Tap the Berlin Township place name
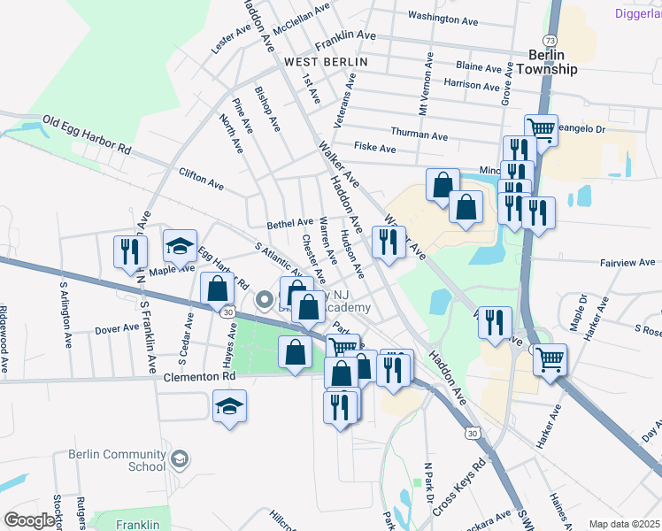(546, 62)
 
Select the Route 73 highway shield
(550, 41)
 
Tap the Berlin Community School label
(117, 460)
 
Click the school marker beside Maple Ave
(180, 248)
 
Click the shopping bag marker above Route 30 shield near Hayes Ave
(218, 289)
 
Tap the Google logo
(29, 519)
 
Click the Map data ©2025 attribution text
(624, 524)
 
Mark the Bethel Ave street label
(290, 223)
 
